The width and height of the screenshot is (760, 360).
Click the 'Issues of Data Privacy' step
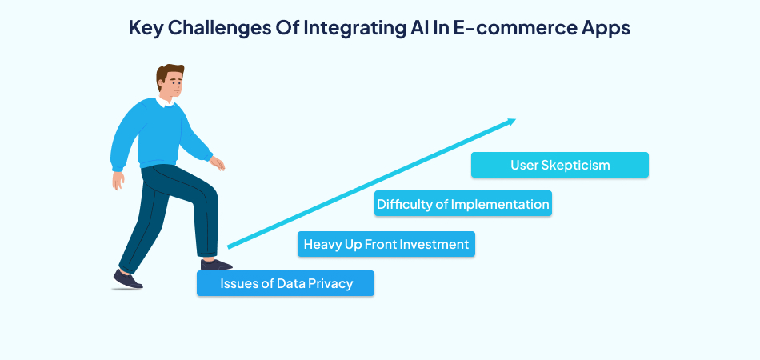click(286, 284)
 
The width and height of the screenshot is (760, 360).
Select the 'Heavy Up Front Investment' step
click(386, 244)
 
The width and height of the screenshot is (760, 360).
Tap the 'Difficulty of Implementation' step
click(463, 204)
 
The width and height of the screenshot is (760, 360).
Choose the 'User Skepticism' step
click(560, 165)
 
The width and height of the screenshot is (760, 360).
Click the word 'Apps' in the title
click(606, 27)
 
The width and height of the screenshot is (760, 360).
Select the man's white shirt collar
click(169, 102)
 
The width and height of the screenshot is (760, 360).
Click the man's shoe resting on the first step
click(215, 264)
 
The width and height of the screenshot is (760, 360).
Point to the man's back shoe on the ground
click(127, 279)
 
